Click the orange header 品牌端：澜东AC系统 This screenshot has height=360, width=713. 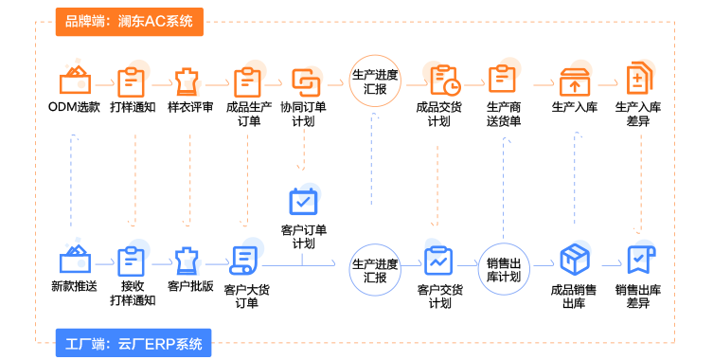[129, 22]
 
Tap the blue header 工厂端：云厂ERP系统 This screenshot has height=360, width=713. [134, 343]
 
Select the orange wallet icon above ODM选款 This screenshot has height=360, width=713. [75, 81]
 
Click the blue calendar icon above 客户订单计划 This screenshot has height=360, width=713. [303, 201]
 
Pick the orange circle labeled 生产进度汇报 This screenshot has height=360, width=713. [375, 81]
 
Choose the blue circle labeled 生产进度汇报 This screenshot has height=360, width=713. [375, 270]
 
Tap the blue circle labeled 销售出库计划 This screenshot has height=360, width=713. [504, 269]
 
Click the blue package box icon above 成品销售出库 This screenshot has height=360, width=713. [575, 260]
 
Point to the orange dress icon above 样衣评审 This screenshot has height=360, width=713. [187, 81]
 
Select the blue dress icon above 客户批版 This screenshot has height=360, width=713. [187, 261]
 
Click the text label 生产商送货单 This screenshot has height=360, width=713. [504, 114]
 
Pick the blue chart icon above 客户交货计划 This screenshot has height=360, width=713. [438, 261]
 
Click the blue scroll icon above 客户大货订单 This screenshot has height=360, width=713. [243, 261]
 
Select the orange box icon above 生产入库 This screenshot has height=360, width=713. [575, 81]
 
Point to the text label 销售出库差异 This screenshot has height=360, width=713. [638, 296]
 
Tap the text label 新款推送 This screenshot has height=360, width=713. [74, 286]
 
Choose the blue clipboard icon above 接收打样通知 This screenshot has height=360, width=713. [131, 261]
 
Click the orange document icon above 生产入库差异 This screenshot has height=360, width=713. [639, 78]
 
